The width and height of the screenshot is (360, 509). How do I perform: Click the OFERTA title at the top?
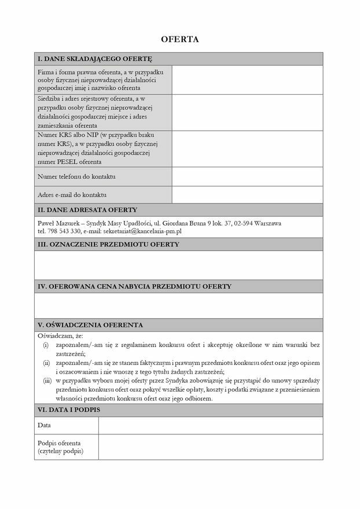tap(179, 39)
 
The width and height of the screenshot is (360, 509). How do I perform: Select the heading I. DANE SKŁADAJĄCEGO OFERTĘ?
tap(95, 59)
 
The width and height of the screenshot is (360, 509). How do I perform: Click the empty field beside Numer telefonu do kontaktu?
tap(247, 176)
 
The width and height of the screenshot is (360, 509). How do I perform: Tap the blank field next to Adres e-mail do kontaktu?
tap(247, 194)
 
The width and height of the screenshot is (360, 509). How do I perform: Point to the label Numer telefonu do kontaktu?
tap(77, 176)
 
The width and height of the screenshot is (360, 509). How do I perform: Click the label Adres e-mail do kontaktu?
tap(72, 194)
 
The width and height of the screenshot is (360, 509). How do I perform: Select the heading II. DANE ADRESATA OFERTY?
tap(87, 209)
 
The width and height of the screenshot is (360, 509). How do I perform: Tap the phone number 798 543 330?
tap(64, 231)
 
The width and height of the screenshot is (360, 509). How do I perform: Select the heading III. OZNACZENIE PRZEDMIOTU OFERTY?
tap(108, 244)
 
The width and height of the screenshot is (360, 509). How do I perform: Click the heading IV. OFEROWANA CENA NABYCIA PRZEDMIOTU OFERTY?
tap(134, 286)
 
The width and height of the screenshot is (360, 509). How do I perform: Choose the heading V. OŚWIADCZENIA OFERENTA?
tap(90, 324)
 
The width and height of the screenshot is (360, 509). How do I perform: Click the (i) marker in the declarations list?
tap(46, 345)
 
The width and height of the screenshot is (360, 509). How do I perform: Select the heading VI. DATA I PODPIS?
tap(69, 410)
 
